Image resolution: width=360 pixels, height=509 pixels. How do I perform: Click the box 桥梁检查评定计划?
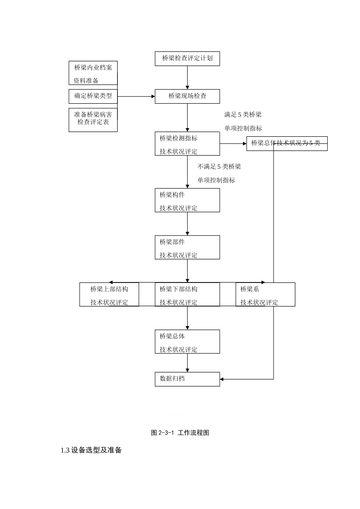tap(187, 59)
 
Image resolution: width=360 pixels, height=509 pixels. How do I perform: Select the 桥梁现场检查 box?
tap(187, 96)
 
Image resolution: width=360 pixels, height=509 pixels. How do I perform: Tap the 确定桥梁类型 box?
tap(93, 96)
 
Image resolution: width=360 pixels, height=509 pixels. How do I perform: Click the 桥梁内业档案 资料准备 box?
tap(93, 73)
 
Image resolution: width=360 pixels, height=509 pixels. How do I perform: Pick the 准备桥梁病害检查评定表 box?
tap(93, 120)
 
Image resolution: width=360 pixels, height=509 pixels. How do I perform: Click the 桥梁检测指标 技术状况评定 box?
tap(187, 144)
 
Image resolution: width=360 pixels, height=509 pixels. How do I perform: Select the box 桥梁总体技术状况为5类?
tap(287, 144)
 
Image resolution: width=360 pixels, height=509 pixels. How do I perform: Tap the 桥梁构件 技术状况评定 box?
tap(187, 200)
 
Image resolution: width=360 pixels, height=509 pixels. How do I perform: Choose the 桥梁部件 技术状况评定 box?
tap(187, 247)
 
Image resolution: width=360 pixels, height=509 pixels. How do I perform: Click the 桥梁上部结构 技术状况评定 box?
tap(109, 295)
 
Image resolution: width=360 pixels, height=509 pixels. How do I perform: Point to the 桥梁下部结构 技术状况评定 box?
tap(187, 295)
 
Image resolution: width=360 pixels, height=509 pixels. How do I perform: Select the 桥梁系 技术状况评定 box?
tap(265, 295)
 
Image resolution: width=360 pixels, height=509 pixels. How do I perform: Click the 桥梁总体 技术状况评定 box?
tap(187, 342)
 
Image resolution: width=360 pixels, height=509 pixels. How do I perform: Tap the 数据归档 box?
tap(187, 379)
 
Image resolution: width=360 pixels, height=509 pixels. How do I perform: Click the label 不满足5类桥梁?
tap(219, 167)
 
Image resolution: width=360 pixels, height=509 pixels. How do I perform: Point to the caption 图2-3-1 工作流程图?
tap(180, 432)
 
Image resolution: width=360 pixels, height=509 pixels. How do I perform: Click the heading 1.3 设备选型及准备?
tap(91, 450)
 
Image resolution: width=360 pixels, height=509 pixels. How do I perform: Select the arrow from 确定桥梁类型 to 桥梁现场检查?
tap(136, 96)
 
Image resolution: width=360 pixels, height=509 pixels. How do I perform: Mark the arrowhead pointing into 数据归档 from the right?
tap(222, 379)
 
